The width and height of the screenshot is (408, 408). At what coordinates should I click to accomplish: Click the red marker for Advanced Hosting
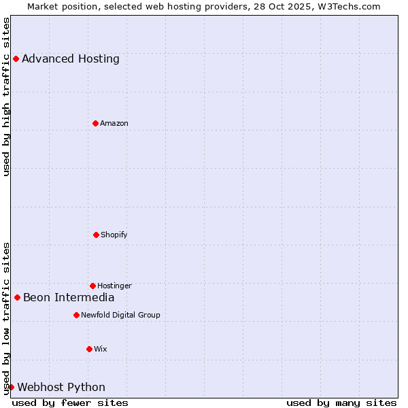[x=16, y=58]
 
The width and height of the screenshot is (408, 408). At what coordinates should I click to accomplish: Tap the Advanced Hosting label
[x=71, y=59]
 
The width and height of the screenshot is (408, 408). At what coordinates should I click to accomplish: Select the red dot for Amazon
[x=95, y=123]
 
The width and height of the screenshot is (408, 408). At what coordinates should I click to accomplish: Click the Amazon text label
[x=114, y=124]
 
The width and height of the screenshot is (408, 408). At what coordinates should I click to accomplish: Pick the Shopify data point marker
[x=96, y=235]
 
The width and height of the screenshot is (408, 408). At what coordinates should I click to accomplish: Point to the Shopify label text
[x=114, y=235]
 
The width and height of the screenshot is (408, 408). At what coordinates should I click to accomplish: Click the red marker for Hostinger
[x=92, y=286]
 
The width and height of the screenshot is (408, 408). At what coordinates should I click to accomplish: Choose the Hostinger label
[x=114, y=286]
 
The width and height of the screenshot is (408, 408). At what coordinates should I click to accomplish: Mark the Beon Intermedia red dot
[x=17, y=297]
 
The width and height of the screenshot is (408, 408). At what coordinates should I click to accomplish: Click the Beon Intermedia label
[x=69, y=298]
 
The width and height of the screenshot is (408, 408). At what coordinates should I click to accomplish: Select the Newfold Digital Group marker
[x=76, y=315]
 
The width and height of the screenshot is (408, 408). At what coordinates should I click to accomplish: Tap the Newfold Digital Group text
[x=120, y=316]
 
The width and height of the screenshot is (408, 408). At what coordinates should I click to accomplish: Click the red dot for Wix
[x=89, y=349]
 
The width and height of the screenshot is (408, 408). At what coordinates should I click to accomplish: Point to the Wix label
[x=101, y=350]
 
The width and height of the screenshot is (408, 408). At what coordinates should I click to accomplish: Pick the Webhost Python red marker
[x=11, y=387]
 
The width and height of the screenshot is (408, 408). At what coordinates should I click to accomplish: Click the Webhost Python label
[x=61, y=388]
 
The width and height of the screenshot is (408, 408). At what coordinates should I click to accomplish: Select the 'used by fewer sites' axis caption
[x=70, y=403]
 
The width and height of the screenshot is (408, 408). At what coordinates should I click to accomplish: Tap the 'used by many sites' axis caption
[x=341, y=403]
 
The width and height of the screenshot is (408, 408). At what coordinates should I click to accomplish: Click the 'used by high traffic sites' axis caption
[x=6, y=97]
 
